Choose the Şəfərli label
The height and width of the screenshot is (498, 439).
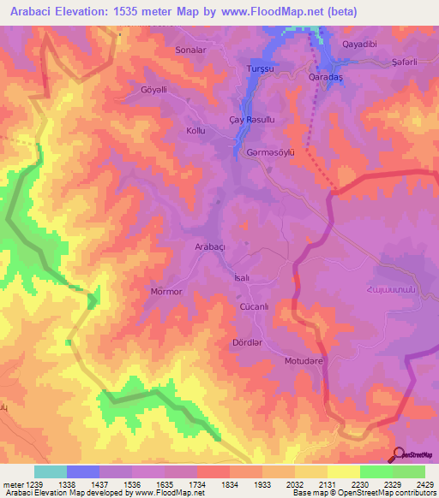408,61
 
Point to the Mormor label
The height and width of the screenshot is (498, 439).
166,292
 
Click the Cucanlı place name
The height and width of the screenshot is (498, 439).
256,306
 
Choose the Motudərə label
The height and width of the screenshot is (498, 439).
304,361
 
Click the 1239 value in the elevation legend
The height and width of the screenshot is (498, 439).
27,483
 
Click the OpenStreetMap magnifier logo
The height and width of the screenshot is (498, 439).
398,454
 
